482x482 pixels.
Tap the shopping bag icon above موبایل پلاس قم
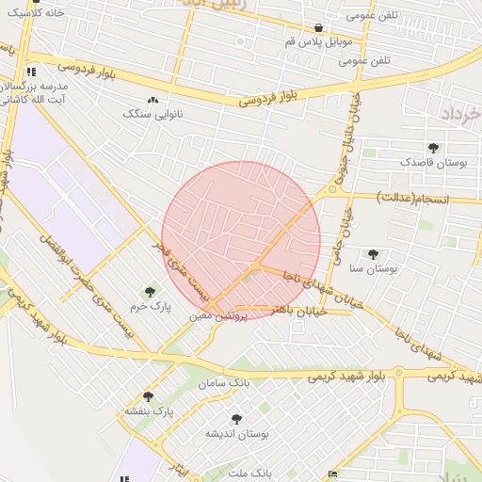point(319,28)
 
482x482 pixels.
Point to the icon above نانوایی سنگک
point(153,99)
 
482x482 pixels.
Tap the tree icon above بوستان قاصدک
point(433,148)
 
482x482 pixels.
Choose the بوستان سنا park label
point(374,268)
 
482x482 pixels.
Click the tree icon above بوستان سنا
point(373,253)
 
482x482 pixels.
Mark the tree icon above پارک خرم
point(150,292)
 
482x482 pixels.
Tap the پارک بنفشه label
point(149,411)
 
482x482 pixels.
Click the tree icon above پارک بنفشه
point(148,396)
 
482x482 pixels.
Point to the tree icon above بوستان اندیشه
point(235,419)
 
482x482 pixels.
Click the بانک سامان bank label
point(224,383)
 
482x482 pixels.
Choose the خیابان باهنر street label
point(297,310)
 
